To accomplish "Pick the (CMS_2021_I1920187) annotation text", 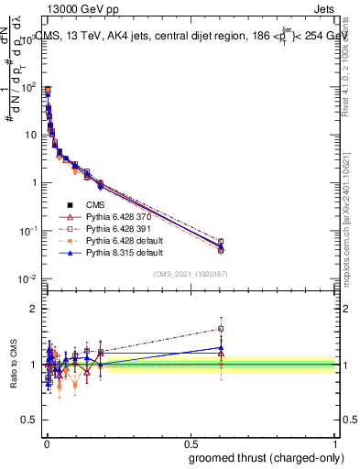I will click(190, 274).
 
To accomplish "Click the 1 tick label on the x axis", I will click(336, 443).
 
